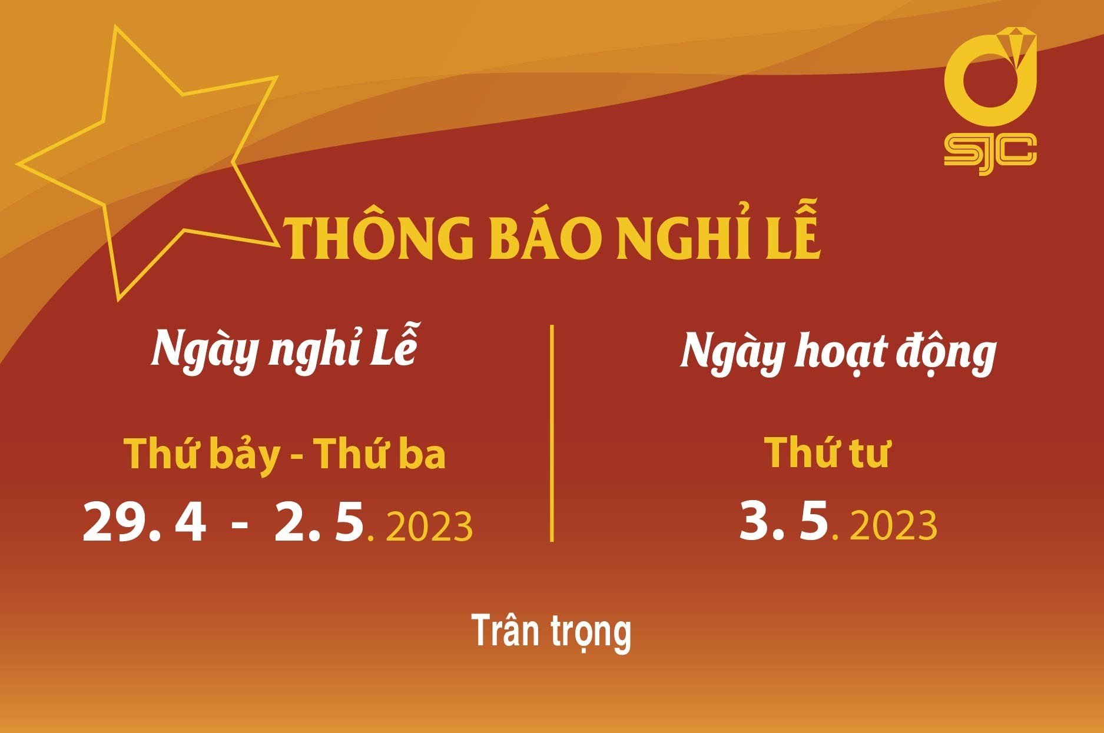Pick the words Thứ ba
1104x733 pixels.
tap(379, 454)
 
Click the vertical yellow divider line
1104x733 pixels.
tap(552, 433)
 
